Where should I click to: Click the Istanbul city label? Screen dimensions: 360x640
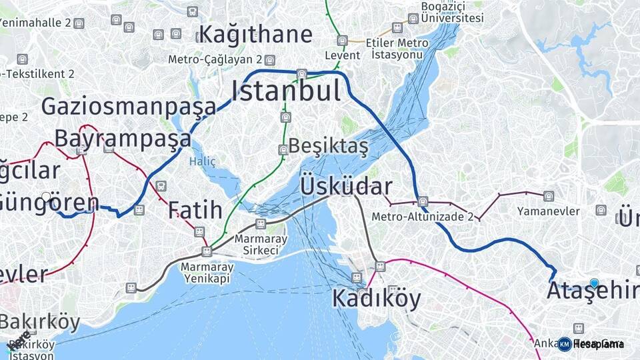click(x=286, y=91)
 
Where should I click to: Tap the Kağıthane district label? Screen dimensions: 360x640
click(x=255, y=34)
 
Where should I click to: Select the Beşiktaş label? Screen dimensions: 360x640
click(x=328, y=146)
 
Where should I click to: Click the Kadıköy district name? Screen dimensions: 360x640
click(x=377, y=298)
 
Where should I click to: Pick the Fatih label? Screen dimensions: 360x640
click(x=195, y=210)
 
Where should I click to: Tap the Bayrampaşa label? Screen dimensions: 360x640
click(x=123, y=139)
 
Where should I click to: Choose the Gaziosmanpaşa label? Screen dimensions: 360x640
click(x=129, y=106)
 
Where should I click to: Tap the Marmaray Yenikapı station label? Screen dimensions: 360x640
click(x=207, y=272)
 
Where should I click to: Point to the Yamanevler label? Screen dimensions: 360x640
click(x=548, y=211)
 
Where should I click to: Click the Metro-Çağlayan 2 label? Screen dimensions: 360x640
click(x=216, y=59)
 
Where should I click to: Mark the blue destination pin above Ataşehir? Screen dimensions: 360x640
click(x=595, y=283)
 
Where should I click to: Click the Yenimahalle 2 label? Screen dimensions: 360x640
click(x=36, y=23)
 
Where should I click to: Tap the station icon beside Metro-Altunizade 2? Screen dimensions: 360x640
click(x=423, y=201)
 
